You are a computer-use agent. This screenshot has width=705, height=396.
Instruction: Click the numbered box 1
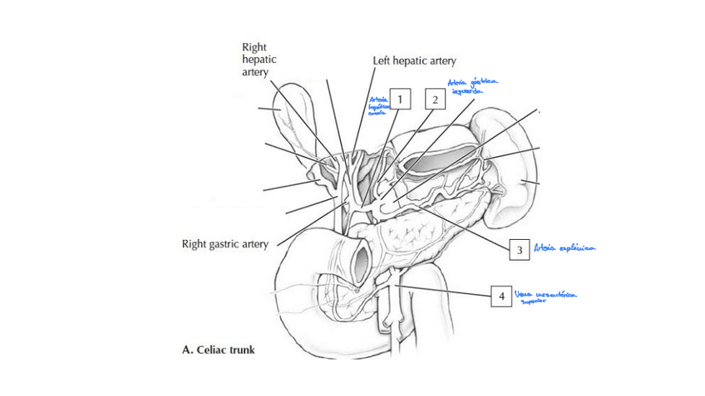click(x=401, y=100)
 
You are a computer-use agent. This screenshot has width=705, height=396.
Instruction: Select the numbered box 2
click(x=435, y=100)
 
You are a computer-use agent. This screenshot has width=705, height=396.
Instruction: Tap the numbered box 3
click(x=519, y=248)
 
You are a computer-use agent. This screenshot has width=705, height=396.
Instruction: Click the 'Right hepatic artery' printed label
click(x=259, y=60)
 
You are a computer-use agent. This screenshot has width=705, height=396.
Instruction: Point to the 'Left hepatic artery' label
click(x=415, y=61)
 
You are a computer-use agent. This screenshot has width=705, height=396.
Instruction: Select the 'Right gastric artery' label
click(x=224, y=244)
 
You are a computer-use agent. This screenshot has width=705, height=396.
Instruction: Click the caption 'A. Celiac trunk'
click(x=218, y=350)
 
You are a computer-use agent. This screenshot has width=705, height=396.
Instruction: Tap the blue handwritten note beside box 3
click(x=567, y=247)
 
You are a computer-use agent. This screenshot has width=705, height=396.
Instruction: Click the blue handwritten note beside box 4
click(x=545, y=296)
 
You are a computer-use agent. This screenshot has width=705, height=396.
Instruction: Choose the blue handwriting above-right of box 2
click(x=471, y=86)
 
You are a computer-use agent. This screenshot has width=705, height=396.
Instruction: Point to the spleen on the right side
click(x=520, y=178)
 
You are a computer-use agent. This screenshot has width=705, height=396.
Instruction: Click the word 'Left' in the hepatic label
click(x=383, y=61)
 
